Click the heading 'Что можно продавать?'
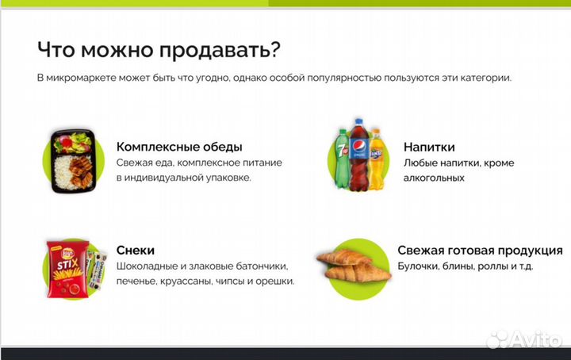click(158, 49)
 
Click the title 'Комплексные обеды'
click(179, 147)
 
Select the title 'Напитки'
click(428, 147)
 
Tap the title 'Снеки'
click(135, 250)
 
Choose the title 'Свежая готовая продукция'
click(480, 250)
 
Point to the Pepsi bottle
click(359, 155)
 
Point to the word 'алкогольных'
click(434, 178)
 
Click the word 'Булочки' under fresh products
click(419, 266)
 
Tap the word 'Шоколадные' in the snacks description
click(148, 266)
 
